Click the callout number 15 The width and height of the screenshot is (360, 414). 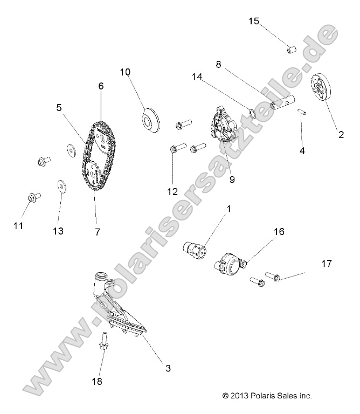(x=253, y=21)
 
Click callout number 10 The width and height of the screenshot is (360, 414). (x=125, y=72)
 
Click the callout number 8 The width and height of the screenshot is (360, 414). (x=218, y=63)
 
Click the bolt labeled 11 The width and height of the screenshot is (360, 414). (x=31, y=198)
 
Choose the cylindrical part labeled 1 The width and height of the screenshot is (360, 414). (x=195, y=250)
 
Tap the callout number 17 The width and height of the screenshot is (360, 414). (x=327, y=264)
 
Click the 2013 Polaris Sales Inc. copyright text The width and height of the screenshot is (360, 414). (x=267, y=396)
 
